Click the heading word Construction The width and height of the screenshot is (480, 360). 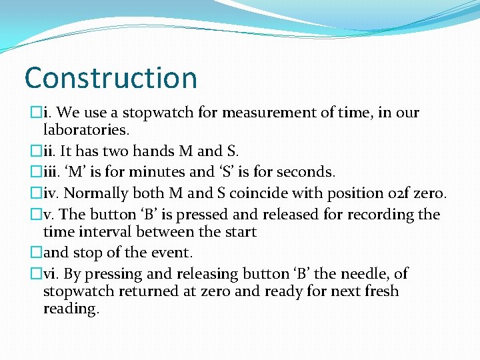[x=111, y=77]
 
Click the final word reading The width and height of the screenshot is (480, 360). [x=71, y=309]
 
